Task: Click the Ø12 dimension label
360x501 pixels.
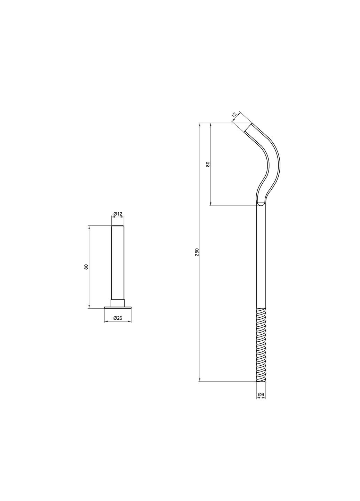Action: pyautogui.click(x=118, y=214)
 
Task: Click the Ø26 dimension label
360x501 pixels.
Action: pyautogui.click(x=118, y=318)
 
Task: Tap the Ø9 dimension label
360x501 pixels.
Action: pyautogui.click(x=261, y=394)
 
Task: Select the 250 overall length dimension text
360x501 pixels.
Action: pyautogui.click(x=197, y=252)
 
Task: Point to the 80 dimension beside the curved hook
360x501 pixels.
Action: pyautogui.click(x=208, y=164)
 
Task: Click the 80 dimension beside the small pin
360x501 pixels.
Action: pyautogui.click(x=86, y=267)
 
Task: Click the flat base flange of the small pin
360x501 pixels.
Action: pyautogui.click(x=118, y=307)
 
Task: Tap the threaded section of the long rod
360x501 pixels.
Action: pyautogui.click(x=261, y=344)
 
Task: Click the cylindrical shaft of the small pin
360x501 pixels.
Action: pyautogui.click(x=118, y=261)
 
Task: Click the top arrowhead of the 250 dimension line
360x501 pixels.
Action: pyautogui.click(x=200, y=125)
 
